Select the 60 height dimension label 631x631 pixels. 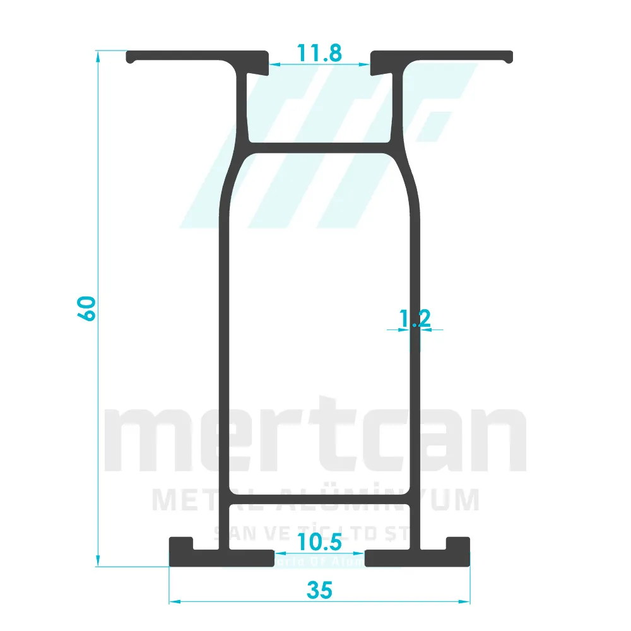pos(87,308)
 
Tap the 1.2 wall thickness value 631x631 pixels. pos(415,319)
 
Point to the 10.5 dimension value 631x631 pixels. pos(320,541)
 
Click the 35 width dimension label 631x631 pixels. pos(319,591)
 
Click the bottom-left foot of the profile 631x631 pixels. pos(221,558)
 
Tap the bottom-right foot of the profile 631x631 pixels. pos(416,558)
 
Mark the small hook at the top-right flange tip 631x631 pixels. pos(509,59)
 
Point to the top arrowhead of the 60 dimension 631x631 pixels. pos(98,57)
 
